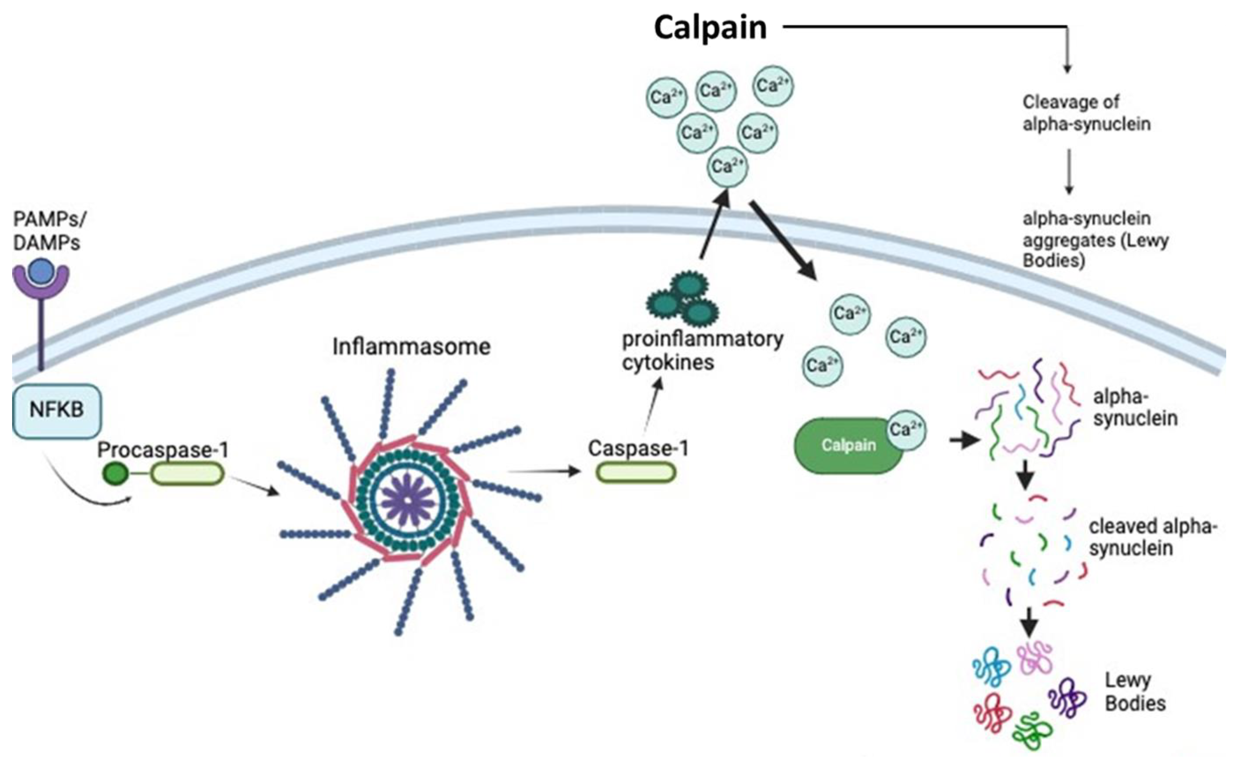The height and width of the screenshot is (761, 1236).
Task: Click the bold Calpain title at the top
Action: (710, 28)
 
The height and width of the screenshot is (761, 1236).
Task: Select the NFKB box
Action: (56, 410)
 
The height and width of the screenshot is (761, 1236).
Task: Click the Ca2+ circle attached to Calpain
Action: (905, 430)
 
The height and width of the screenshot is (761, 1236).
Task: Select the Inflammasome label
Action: (411, 347)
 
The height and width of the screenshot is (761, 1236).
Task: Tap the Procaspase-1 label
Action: (163, 449)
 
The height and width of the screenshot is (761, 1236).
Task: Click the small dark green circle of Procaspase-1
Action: (115, 474)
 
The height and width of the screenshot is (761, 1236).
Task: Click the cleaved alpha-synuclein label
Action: (1152, 537)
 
